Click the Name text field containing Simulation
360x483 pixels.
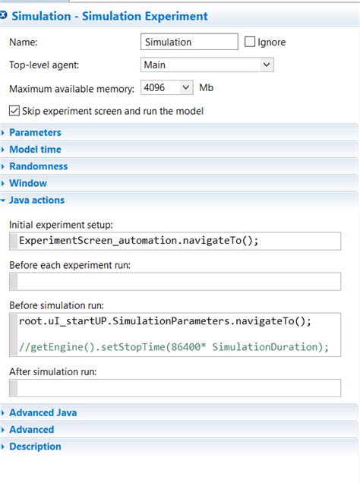coord(189,42)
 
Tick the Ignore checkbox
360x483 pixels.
coord(250,42)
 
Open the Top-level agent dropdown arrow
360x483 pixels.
coord(267,65)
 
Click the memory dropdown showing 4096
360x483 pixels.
coord(166,88)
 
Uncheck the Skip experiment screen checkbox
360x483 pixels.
coord(14,111)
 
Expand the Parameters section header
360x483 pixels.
coord(35,132)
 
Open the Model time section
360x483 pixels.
coord(35,150)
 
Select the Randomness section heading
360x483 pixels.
coord(39,166)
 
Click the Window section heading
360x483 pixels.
coord(28,183)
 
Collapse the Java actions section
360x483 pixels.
coord(36,200)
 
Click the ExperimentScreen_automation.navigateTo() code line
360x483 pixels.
coord(138,240)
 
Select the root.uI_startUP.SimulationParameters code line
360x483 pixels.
coord(165,321)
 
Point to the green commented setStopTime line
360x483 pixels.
coord(174,347)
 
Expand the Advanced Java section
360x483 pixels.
coord(43,413)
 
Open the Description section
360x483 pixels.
coord(35,447)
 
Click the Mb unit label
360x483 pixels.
coord(206,88)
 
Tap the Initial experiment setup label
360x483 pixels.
coord(61,225)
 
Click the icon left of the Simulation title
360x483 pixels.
coord(3,14)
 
